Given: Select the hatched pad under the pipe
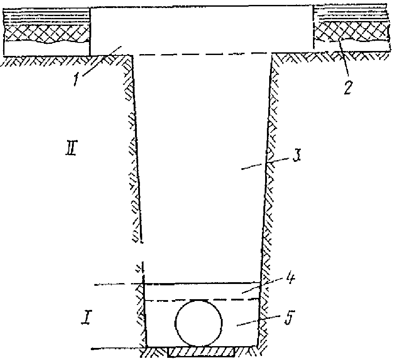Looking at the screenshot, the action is (202, 353).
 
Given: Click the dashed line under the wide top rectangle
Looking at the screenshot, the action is (201, 54).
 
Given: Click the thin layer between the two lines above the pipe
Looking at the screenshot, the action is (201, 291).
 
